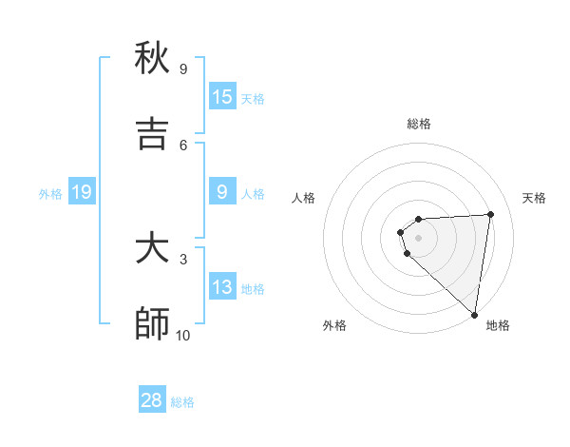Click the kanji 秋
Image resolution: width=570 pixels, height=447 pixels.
click(152, 59)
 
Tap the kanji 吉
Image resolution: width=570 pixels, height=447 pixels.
click(152, 135)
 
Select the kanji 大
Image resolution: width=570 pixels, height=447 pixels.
click(152, 249)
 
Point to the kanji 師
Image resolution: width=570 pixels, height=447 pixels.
click(152, 325)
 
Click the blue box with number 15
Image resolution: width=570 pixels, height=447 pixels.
click(222, 97)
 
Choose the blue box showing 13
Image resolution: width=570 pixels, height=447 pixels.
click(222, 287)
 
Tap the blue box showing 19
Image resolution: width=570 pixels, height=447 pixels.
click(82, 193)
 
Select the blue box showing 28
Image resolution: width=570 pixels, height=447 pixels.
click(152, 400)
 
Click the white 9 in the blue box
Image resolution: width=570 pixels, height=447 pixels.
click(222, 193)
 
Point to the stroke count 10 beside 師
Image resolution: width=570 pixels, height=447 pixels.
click(183, 335)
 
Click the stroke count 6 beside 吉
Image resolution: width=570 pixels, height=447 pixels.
click(183, 145)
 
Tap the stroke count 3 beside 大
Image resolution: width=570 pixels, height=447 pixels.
click(183, 259)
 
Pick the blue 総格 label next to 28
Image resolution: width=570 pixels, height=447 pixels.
click(182, 402)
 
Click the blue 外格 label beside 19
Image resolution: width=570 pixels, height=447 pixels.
click(50, 194)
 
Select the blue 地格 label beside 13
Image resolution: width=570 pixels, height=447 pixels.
click(253, 289)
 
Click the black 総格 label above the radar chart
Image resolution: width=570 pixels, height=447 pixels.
click(418, 124)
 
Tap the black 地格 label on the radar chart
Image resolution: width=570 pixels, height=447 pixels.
click(498, 325)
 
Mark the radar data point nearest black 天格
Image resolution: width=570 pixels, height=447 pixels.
click(490, 214)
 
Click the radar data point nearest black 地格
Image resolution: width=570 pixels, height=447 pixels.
click(474, 315)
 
